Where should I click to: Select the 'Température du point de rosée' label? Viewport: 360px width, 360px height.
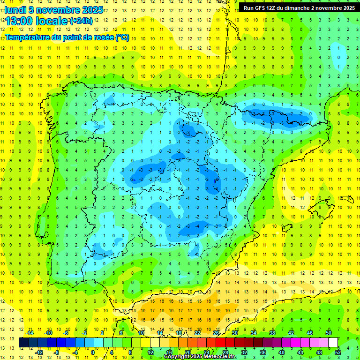click(x=67, y=37)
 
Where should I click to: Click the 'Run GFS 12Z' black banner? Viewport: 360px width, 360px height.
click(x=299, y=7)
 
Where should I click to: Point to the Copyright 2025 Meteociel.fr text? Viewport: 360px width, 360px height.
click(x=201, y=357)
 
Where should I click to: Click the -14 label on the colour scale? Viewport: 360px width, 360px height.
click(x=30, y=333)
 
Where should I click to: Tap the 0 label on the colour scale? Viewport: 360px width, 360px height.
click(x=92, y=352)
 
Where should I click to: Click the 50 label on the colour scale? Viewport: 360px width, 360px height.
click(x=328, y=333)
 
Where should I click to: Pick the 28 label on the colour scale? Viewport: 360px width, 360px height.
click(x=225, y=352)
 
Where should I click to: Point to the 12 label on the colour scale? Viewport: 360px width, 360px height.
click(x=150, y=352)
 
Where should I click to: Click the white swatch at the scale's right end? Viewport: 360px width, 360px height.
click(x=333, y=342)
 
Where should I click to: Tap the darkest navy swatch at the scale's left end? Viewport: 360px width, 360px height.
click(x=23, y=342)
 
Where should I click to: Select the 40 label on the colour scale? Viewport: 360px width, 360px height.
click(x=281, y=352)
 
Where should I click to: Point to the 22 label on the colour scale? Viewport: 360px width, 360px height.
click(x=198, y=333)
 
